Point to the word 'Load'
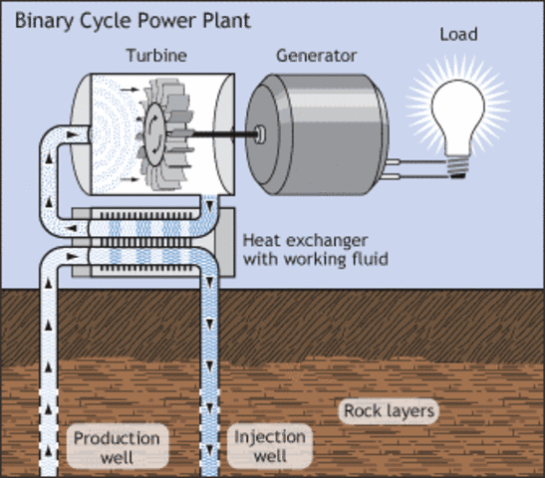pos(458,35)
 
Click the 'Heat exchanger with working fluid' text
pos(315,250)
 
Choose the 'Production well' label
pos(117,447)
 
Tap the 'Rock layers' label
pos(390,410)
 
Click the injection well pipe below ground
pos(212,378)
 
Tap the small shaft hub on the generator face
pos(261,130)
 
